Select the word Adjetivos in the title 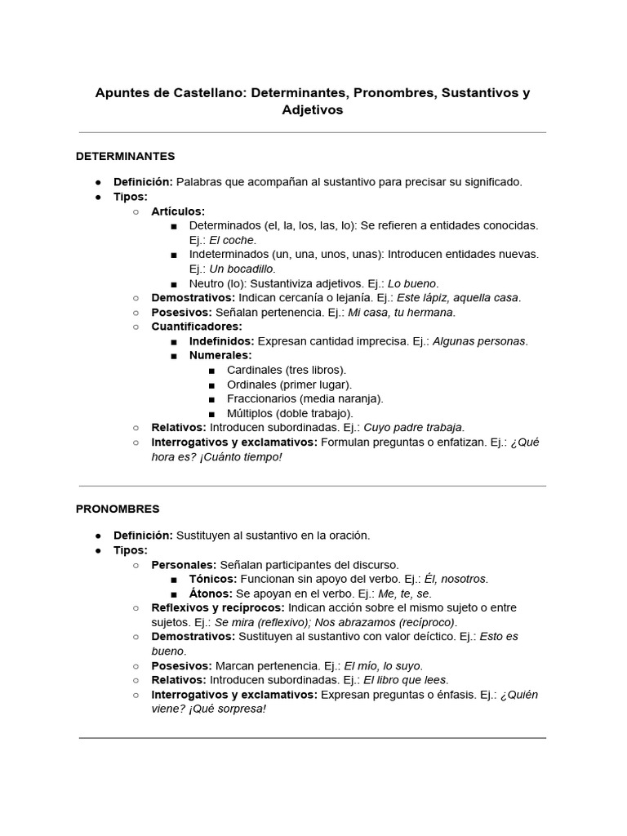tap(313, 109)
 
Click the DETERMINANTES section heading tap(125, 156)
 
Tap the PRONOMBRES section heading tap(118, 509)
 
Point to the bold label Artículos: tap(178, 211)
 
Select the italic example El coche tap(233, 240)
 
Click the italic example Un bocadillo tap(242, 269)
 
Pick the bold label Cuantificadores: tap(197, 327)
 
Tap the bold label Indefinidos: tap(221, 341)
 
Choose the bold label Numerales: tap(220, 355)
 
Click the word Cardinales tap(255, 370)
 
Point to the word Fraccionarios tap(261, 398)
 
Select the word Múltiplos tap(252, 413)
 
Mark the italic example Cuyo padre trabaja tap(414, 427)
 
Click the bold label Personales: tap(184, 564)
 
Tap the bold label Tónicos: tap(213, 579)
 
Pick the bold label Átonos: tap(211, 594)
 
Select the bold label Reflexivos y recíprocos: tap(218, 607)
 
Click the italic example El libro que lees tap(394, 679)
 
